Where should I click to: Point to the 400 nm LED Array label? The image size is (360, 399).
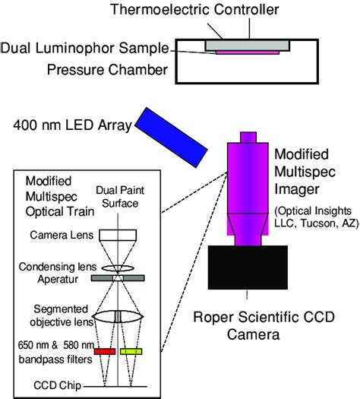[66, 124]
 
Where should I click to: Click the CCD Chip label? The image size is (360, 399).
[51, 385]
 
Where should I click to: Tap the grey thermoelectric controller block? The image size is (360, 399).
[246, 44]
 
